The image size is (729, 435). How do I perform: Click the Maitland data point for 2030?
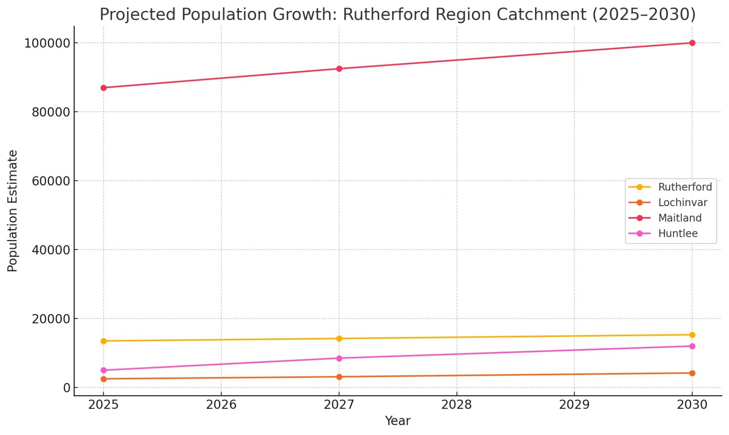[692, 43]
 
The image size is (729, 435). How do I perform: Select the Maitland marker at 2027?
[339, 69]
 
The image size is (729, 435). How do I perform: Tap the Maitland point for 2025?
[103, 88]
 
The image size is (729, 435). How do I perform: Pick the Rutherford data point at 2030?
[692, 335]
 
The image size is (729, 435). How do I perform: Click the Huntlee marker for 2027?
[339, 358]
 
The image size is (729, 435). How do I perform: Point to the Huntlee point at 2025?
[103, 370]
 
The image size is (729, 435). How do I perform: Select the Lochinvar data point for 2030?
[692, 373]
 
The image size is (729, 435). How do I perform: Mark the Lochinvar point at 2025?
[103, 379]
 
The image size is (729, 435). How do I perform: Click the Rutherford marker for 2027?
[339, 338]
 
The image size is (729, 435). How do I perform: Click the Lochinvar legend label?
[682, 203]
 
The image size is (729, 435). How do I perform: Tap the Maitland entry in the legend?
[680, 218]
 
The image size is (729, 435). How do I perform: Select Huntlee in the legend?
[678, 233]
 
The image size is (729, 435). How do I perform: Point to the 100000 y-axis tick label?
[47, 43]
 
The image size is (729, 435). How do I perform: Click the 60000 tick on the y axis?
[51, 181]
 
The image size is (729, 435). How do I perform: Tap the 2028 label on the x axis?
[456, 405]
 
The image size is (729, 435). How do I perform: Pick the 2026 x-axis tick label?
[221, 405]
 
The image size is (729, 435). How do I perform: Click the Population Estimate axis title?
[13, 211]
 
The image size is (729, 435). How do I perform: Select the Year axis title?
[398, 421]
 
